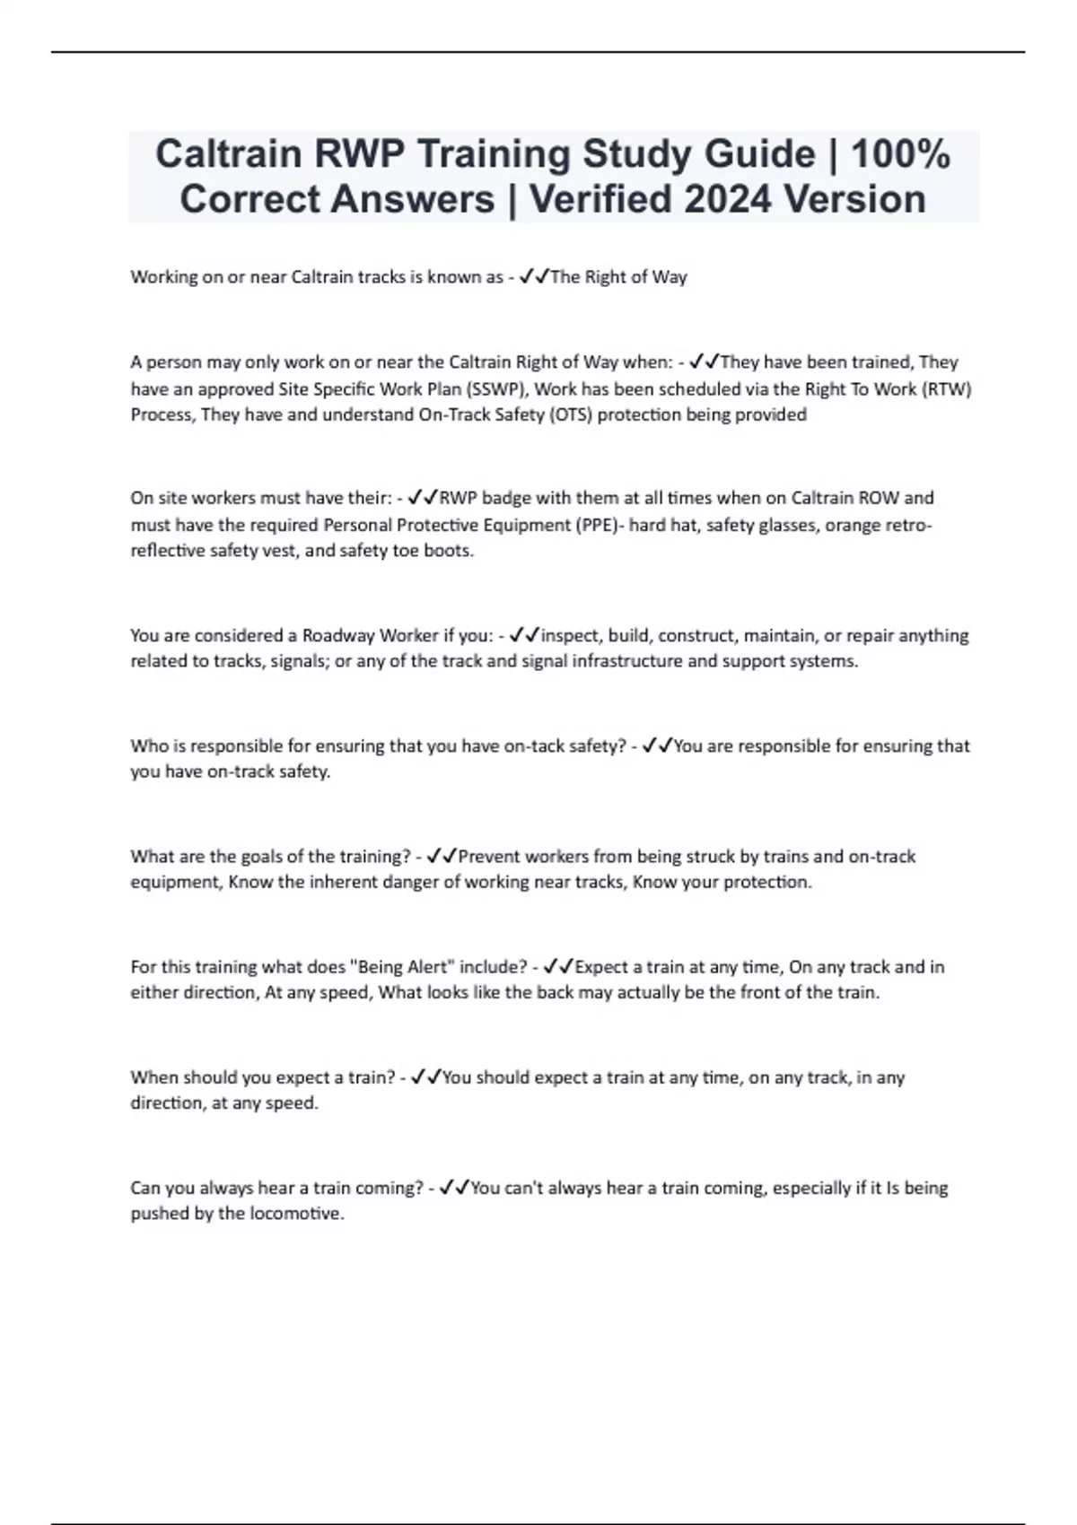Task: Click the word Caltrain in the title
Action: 228,154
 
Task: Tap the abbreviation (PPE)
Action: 596,525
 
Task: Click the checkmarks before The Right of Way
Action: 534,277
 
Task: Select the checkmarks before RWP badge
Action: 423,498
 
